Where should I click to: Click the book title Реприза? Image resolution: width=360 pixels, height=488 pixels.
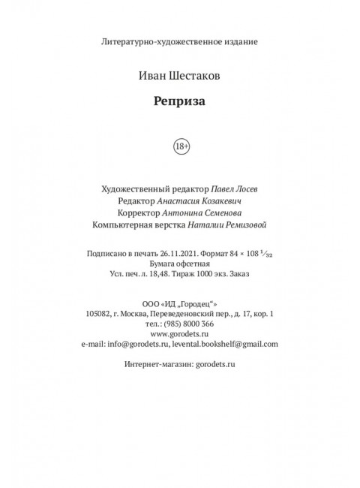pyautogui.click(x=179, y=104)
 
